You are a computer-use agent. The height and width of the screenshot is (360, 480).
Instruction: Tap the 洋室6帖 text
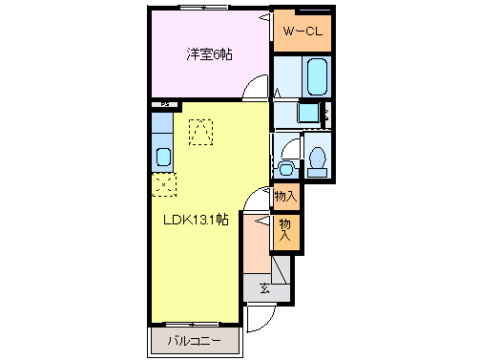coord(208,54)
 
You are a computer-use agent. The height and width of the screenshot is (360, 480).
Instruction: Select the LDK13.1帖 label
coord(193,219)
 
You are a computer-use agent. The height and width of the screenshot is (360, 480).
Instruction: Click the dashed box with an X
coord(163,184)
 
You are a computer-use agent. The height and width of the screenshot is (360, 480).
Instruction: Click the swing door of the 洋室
coord(255,89)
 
